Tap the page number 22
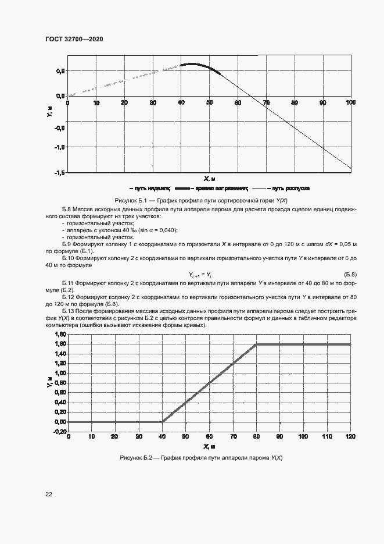tap(49, 494)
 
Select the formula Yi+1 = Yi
tap(201, 274)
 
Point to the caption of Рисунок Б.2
tap(200, 458)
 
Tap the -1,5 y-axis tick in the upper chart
tap(60, 173)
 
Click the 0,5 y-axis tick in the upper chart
tap(60, 71)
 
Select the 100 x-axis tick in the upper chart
tap(350, 103)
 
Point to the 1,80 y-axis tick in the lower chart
tap(60, 335)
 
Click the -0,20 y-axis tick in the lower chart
tap(59, 432)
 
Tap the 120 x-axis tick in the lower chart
tap(350, 436)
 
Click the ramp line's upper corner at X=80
tap(256, 344)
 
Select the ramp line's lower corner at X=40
tap(162, 422)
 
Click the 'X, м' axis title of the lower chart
tap(209, 446)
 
